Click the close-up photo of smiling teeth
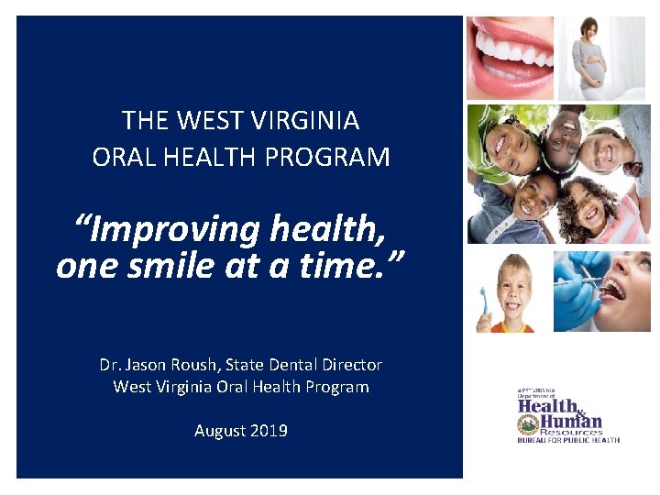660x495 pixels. [x=510, y=57]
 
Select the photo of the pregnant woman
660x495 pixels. [x=601, y=57]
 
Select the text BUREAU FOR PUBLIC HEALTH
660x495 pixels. [x=567, y=440]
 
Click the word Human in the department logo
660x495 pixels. [x=574, y=421]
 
